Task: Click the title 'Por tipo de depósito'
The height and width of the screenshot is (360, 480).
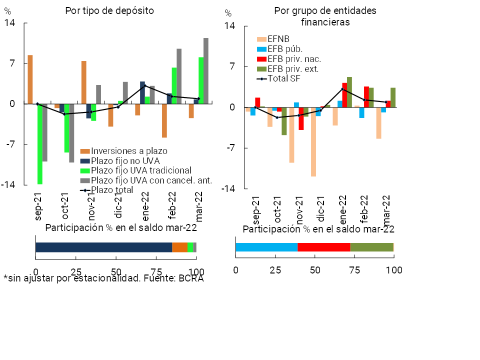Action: click(109, 10)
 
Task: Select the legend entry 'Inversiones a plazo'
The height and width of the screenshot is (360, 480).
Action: click(129, 151)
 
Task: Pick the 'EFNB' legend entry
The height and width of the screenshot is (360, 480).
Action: click(278, 39)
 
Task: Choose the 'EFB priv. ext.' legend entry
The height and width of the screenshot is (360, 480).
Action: click(293, 69)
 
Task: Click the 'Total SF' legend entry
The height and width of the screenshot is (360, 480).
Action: click(283, 78)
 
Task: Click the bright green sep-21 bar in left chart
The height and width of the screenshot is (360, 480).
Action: click(40, 144)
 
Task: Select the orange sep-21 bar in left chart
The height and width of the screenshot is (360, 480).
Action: click(30, 79)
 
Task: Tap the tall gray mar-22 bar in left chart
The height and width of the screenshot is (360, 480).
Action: click(206, 71)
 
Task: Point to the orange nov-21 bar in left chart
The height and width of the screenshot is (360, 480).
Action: click(84, 82)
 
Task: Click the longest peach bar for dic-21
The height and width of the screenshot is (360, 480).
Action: click(313, 141)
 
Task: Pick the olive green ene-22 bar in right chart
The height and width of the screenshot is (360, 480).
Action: click(349, 92)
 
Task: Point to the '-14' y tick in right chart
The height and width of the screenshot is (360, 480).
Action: click(228, 188)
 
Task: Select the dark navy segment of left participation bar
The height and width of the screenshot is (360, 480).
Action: click(103, 247)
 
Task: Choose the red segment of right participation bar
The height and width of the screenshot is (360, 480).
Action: click(324, 247)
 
